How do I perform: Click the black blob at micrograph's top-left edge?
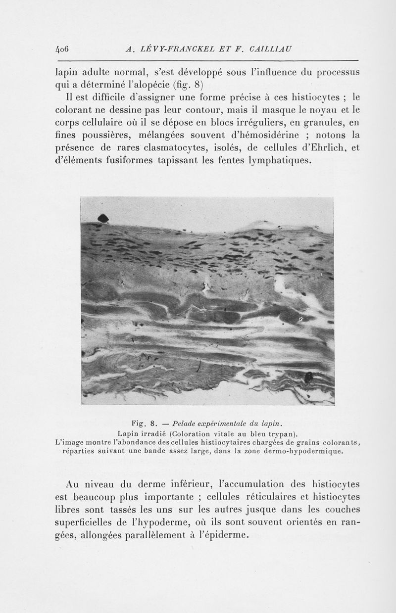tap(103, 218)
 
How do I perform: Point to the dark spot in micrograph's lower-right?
tap(308, 377)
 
